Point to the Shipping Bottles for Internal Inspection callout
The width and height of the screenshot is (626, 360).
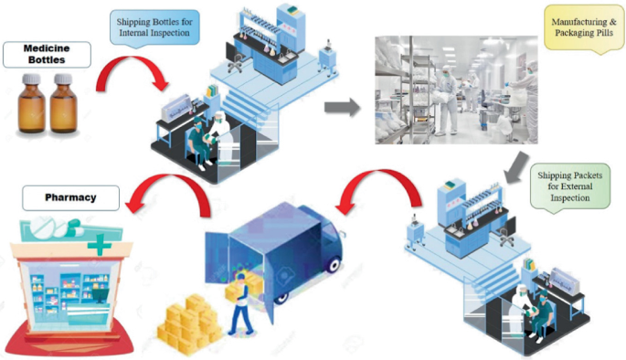153,27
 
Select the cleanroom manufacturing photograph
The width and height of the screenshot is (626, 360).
457,90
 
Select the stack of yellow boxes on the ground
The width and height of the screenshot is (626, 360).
188,320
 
